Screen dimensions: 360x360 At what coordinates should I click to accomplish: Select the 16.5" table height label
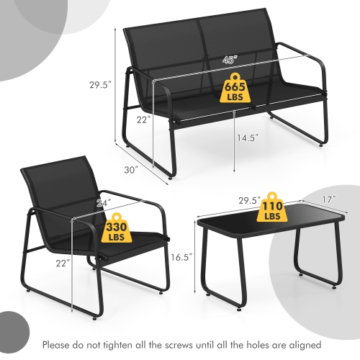point(181,254)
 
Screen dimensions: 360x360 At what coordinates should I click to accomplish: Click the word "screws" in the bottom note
point(199,344)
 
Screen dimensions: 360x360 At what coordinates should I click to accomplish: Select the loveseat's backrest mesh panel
point(194,50)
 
